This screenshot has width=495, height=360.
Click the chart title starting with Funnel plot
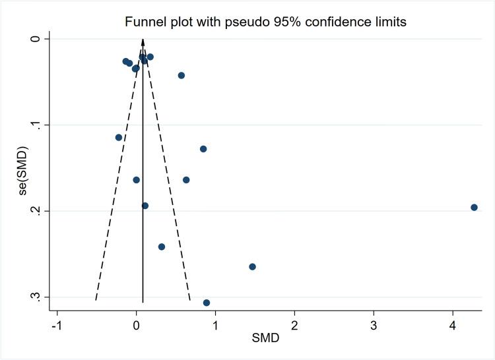click(x=265, y=22)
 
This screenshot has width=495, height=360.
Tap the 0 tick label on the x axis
click(x=136, y=325)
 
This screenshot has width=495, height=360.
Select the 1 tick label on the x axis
click(x=215, y=325)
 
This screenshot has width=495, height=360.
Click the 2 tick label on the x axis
click(x=294, y=325)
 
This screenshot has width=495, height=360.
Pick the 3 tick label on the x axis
click(x=374, y=325)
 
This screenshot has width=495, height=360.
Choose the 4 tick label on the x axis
click(x=453, y=325)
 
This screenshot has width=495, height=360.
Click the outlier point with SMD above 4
click(x=474, y=207)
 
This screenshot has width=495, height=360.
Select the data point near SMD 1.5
click(x=252, y=266)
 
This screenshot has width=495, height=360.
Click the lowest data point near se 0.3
click(x=207, y=303)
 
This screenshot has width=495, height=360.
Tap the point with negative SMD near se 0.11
click(x=119, y=137)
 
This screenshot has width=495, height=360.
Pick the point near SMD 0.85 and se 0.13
click(x=203, y=149)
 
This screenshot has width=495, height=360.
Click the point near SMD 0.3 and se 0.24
click(x=162, y=247)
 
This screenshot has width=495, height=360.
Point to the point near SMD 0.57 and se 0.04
click(x=181, y=75)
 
